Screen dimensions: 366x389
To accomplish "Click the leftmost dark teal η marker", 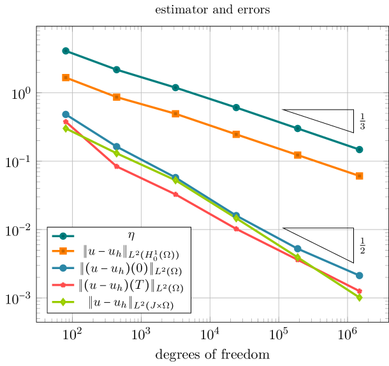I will click(66, 51).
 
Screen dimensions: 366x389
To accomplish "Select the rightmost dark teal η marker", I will click(359, 149).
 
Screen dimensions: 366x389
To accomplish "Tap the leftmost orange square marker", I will click(66, 78).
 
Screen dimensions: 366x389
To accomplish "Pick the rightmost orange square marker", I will click(360, 176).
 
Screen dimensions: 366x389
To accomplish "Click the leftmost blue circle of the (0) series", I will click(66, 114).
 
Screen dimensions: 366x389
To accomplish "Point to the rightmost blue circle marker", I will click(360, 275).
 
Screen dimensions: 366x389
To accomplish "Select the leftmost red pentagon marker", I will click(66, 121).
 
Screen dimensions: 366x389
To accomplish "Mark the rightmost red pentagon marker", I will click(360, 291).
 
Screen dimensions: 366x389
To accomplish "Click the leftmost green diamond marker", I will click(66, 128).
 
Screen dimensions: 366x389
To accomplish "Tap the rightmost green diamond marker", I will click(360, 298).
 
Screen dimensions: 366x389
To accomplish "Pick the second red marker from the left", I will click(116, 166).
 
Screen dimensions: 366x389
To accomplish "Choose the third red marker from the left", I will click(175, 194).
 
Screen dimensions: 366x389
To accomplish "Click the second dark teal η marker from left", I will click(116, 70).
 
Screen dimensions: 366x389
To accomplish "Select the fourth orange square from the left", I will click(236, 135).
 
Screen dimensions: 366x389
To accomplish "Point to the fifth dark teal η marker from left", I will click(298, 128).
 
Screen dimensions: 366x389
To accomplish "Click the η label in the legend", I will click(131, 236).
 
